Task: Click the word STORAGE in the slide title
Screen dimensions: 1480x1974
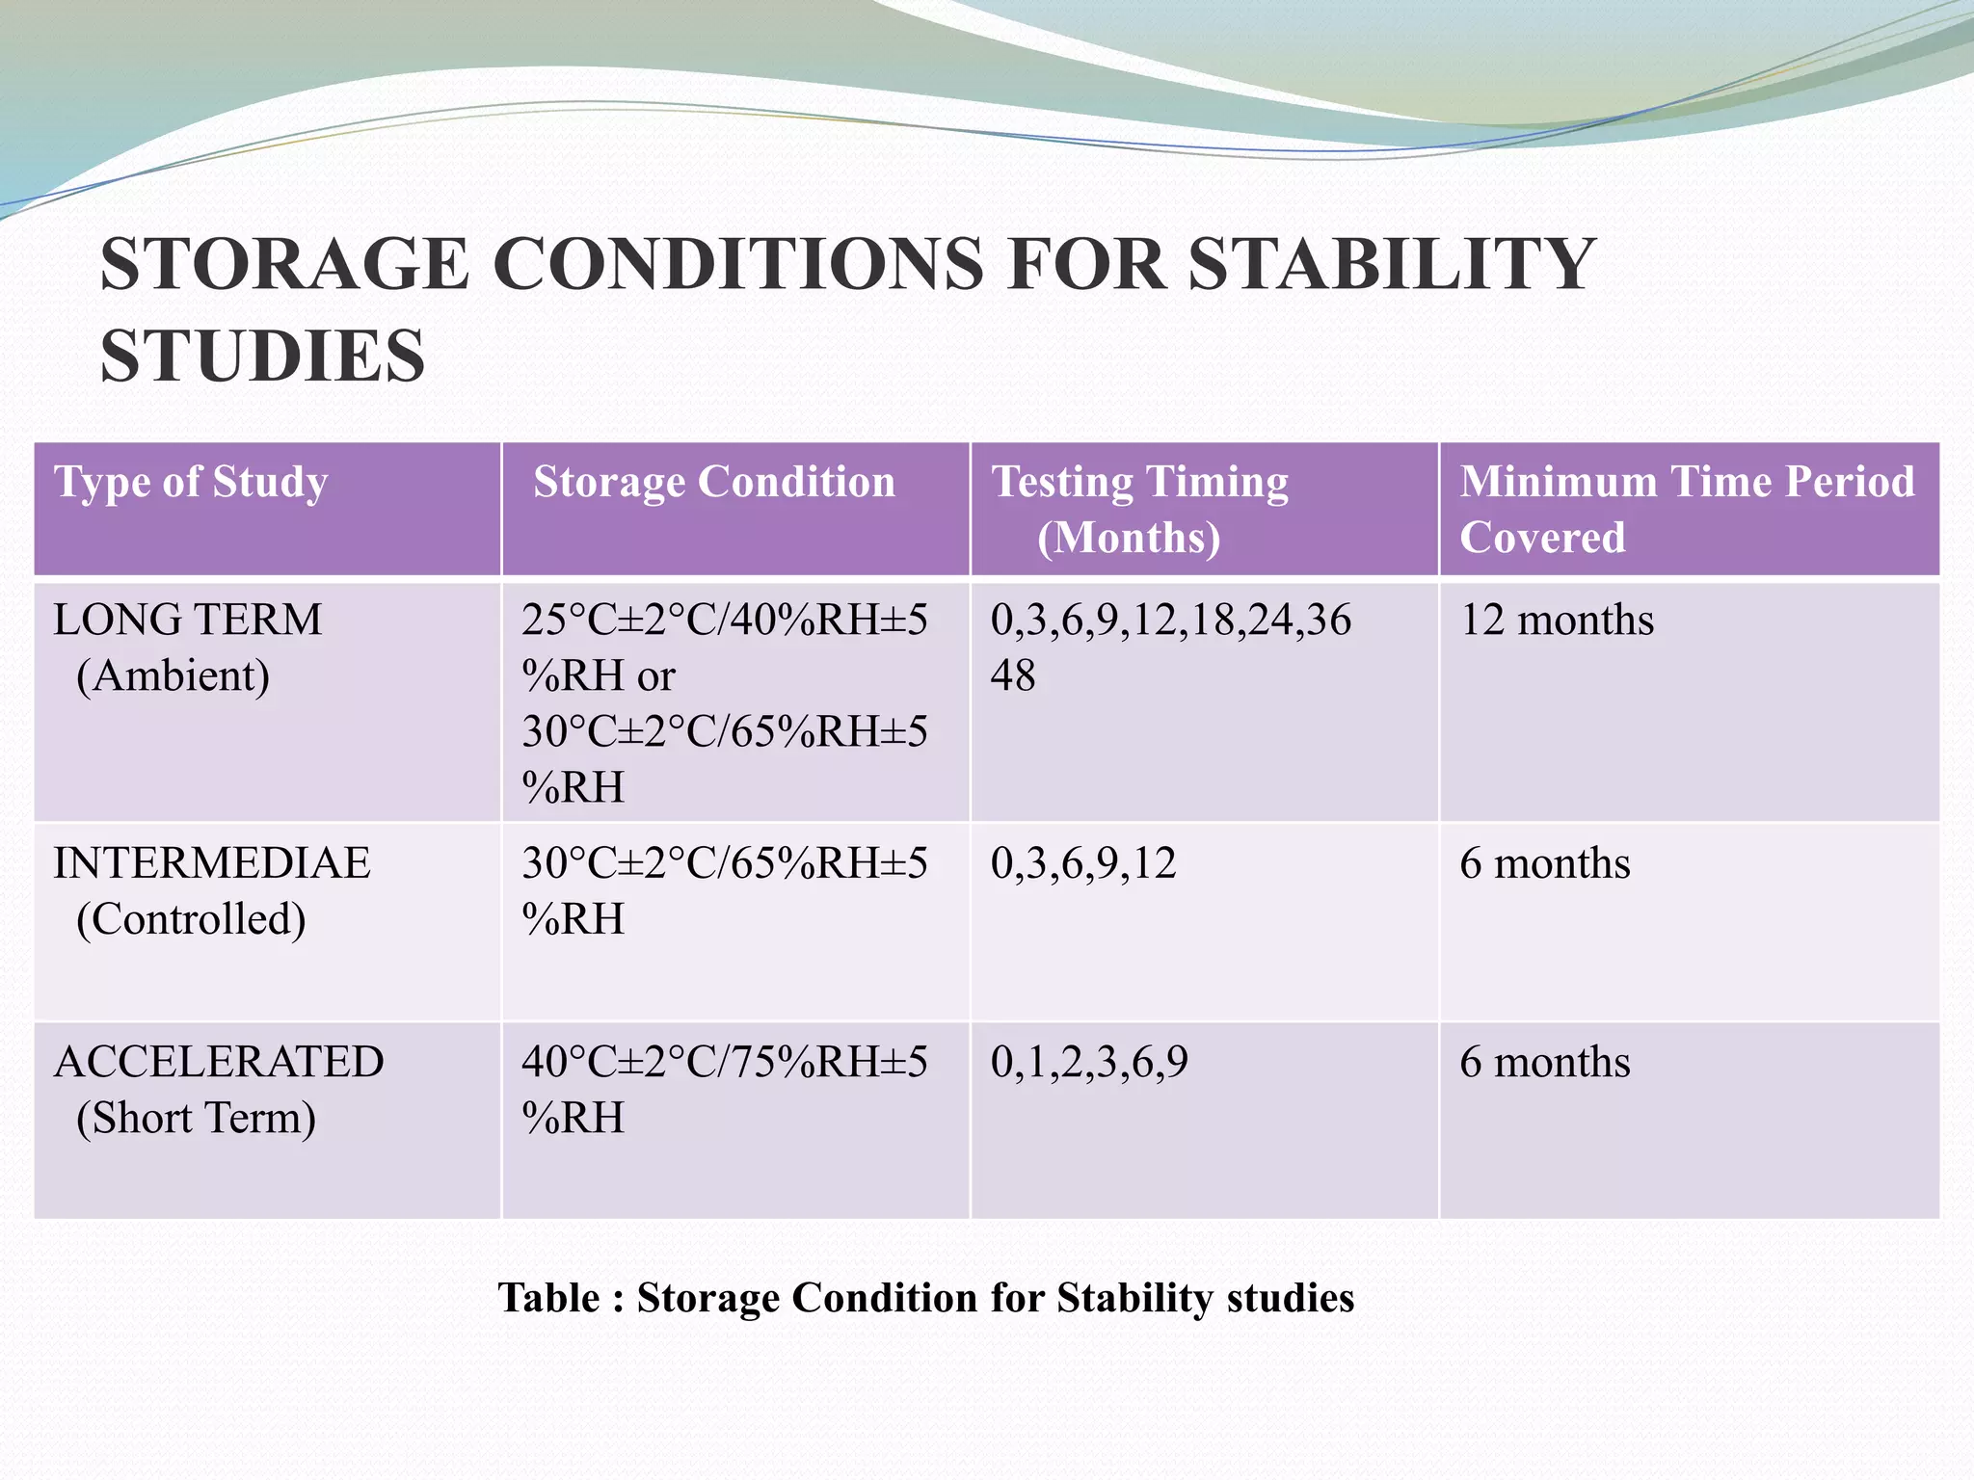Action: (x=285, y=264)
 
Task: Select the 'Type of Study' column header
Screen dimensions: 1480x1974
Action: (x=191, y=482)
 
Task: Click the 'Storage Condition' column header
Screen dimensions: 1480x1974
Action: (x=714, y=482)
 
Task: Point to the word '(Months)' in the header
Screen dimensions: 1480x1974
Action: (x=1129, y=538)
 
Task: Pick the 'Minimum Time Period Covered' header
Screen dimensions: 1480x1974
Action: (x=1687, y=509)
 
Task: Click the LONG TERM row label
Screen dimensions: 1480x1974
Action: (x=188, y=620)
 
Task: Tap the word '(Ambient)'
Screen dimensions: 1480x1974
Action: (x=173, y=675)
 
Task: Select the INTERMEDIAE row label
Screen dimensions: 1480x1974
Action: (x=212, y=863)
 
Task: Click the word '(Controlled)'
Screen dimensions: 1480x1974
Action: (x=191, y=919)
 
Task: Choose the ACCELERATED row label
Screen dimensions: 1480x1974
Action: (x=219, y=1062)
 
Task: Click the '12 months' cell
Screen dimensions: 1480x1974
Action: (x=1557, y=620)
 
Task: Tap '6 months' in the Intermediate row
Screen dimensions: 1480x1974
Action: (x=1545, y=863)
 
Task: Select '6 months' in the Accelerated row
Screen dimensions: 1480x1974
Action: (x=1545, y=1062)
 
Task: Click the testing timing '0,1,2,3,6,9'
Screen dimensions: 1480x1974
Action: (x=1089, y=1062)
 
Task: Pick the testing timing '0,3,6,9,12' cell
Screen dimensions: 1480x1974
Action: (x=1083, y=863)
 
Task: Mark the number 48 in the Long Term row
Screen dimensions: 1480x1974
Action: (x=1013, y=675)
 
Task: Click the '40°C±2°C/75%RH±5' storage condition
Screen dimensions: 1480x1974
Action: (x=725, y=1062)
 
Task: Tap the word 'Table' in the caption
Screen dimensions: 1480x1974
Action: (x=548, y=1298)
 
